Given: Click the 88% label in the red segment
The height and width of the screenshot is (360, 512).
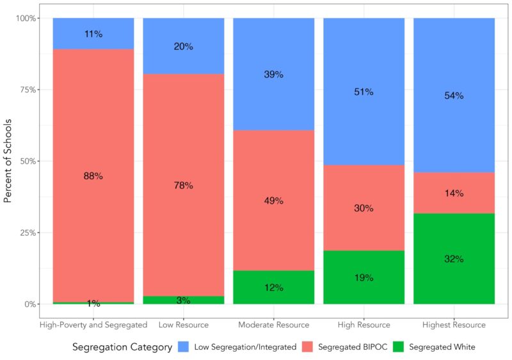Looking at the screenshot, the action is tap(93, 176).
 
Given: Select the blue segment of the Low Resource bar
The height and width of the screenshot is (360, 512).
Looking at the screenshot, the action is tap(184, 46).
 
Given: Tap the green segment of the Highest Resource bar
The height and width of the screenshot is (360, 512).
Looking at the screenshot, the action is tap(454, 259).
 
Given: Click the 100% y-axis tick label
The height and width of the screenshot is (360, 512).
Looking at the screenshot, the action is tap(26, 19).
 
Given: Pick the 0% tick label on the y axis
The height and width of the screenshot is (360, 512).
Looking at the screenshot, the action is tap(30, 304).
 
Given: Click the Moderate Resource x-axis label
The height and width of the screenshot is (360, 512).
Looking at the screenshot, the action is tap(274, 325).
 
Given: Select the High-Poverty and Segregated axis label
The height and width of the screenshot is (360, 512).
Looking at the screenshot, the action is tap(93, 325).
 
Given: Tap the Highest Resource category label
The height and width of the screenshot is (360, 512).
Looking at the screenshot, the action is tap(454, 325).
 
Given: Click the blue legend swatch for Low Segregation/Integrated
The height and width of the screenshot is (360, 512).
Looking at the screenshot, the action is tap(184, 347).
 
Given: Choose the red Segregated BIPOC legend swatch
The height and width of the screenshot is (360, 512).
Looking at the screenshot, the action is tap(307, 347).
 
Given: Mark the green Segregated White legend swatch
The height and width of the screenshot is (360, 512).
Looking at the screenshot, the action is tap(398, 347).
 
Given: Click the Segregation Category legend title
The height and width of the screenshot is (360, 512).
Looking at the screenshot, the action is tap(122, 347).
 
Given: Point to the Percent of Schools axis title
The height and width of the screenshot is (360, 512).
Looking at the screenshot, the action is tap(8, 161).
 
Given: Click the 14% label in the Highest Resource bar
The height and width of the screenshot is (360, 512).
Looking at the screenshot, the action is tap(454, 193).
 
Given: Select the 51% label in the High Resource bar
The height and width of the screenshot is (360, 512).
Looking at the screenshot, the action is tap(364, 92).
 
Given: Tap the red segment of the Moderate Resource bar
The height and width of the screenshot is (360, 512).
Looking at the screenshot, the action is tap(274, 200).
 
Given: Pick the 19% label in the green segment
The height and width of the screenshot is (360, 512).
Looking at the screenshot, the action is tap(364, 277).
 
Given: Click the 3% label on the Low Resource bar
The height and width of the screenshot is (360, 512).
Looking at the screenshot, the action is tap(184, 300).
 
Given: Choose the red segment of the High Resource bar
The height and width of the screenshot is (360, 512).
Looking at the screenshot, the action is tap(364, 208).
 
